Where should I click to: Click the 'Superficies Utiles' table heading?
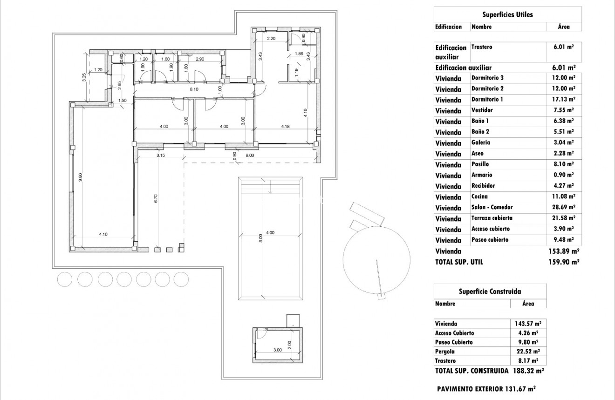[x=507, y=14]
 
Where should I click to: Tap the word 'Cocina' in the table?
[x=480, y=197]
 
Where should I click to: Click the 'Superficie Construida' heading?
[x=490, y=292]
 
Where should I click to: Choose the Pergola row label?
[x=445, y=352]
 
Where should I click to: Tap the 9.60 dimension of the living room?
[x=80, y=178]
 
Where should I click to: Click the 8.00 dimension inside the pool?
[x=261, y=238]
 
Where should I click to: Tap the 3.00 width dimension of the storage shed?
[x=277, y=350]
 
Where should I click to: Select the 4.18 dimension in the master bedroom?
[x=286, y=126]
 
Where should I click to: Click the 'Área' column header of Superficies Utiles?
[x=564, y=27]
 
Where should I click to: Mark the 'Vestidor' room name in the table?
[x=482, y=110]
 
